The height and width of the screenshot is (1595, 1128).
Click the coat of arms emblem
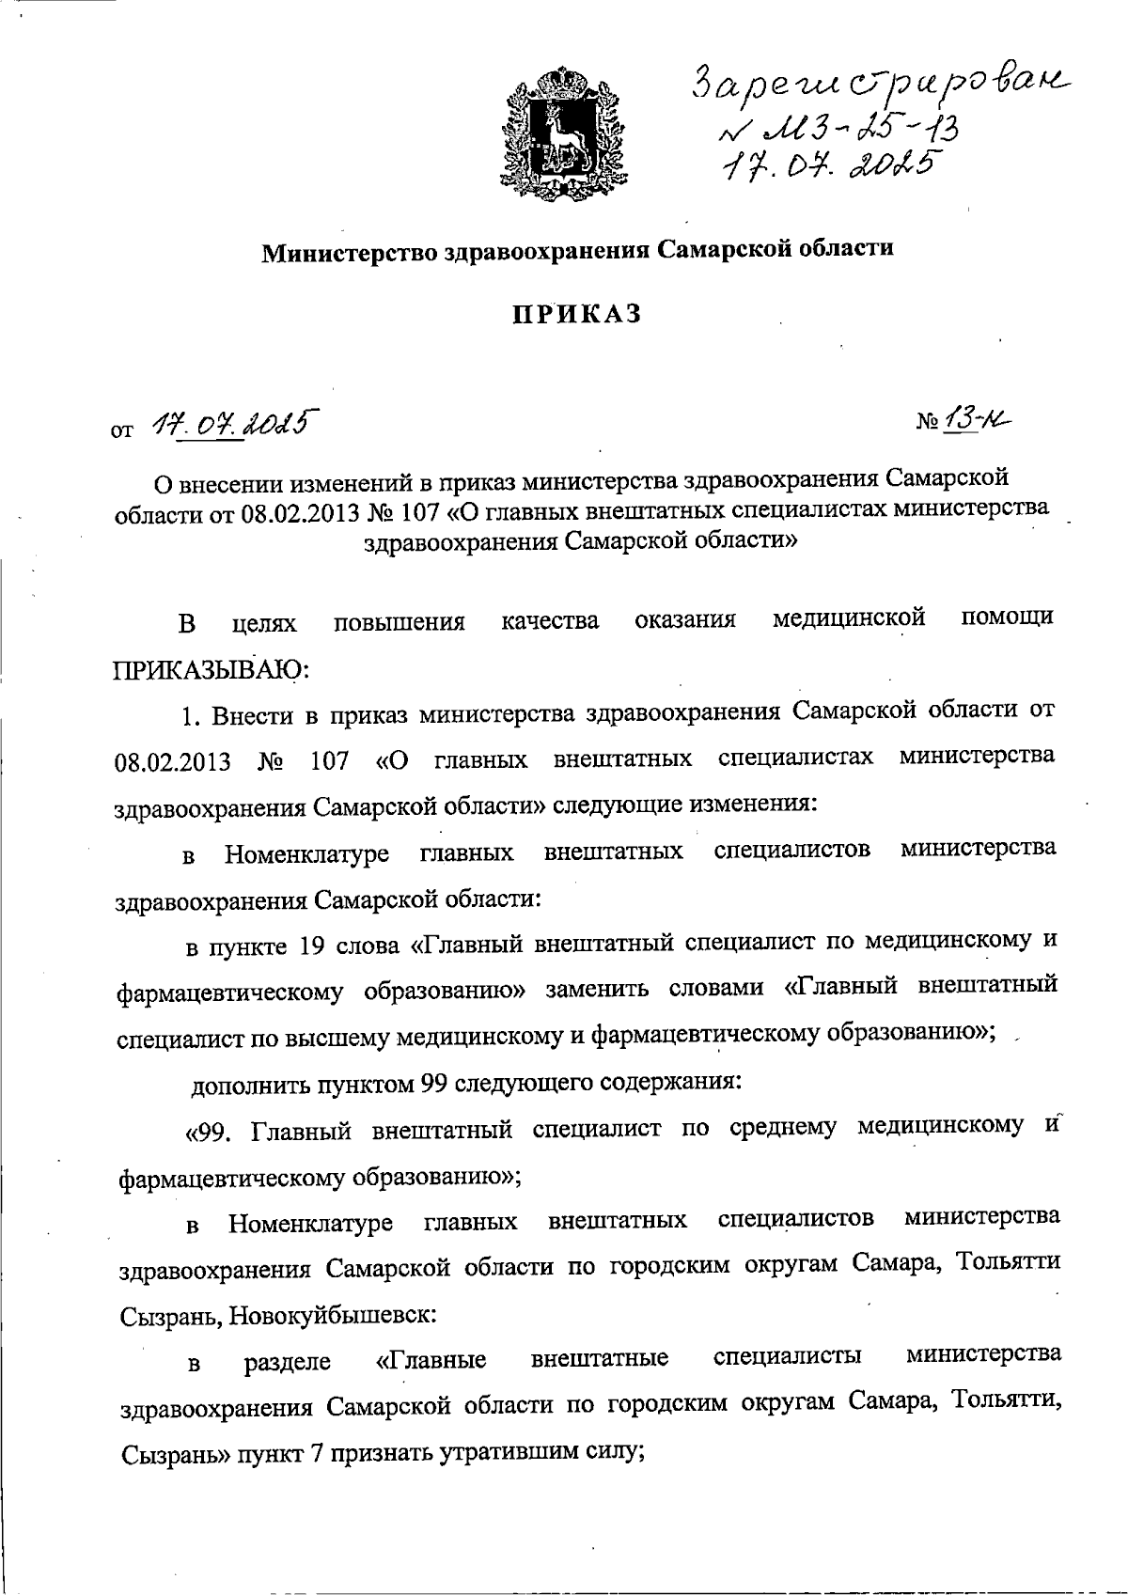click(x=560, y=126)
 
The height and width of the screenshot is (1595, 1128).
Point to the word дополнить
click(x=246, y=1085)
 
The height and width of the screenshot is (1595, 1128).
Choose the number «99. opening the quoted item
click(x=209, y=1131)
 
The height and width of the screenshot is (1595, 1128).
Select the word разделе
click(x=287, y=1363)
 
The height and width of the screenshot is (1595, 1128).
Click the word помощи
click(x=1008, y=618)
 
